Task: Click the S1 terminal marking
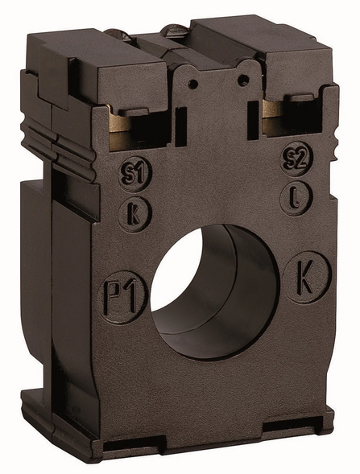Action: pyautogui.click(x=134, y=174)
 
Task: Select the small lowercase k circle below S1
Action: pyautogui.click(x=134, y=214)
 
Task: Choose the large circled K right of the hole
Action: pyautogui.click(x=307, y=277)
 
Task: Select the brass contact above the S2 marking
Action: pyautogui.click(x=272, y=117)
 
